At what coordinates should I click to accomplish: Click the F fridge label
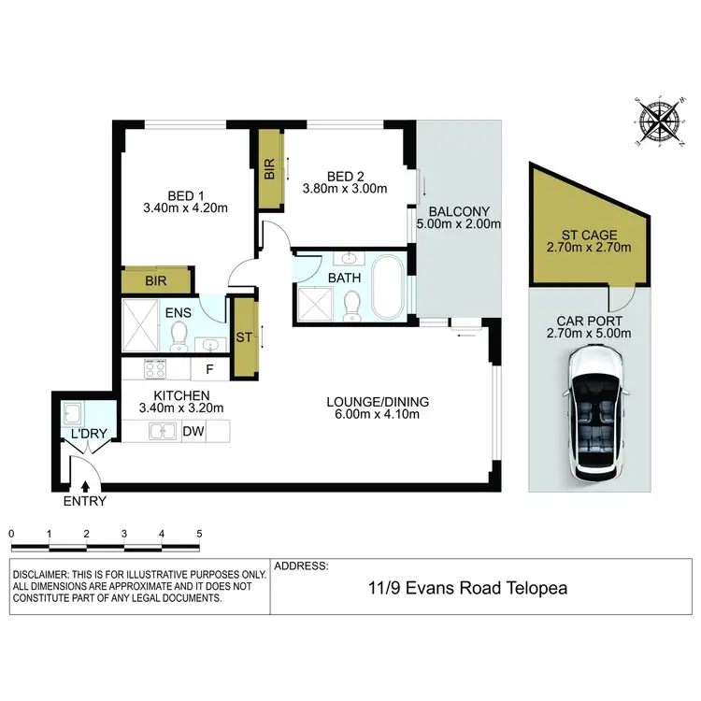click(210, 368)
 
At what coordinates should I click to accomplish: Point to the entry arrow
click(86, 486)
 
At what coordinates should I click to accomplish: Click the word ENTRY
click(86, 502)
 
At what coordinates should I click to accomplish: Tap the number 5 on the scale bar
click(199, 533)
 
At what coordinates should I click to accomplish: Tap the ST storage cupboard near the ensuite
click(245, 336)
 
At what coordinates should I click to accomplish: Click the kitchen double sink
click(165, 432)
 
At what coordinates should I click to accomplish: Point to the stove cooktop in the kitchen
click(155, 368)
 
